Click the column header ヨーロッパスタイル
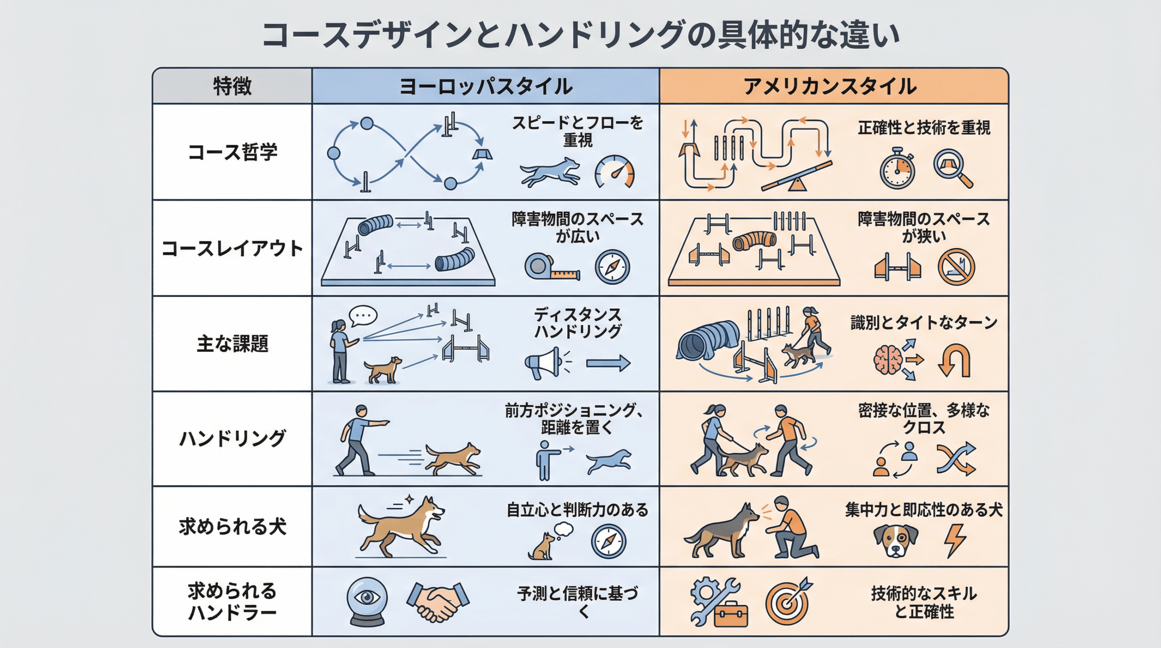click(486, 86)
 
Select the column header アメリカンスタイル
click(830, 86)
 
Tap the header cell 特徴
click(232, 86)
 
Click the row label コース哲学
click(232, 152)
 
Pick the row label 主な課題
click(232, 344)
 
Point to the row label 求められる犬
click(232, 526)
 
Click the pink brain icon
click(888, 360)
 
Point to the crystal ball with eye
click(367, 601)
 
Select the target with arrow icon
click(789, 601)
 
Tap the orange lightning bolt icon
click(955, 541)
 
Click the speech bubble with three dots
click(363, 315)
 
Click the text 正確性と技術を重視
click(924, 128)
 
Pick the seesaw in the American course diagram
click(797, 176)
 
